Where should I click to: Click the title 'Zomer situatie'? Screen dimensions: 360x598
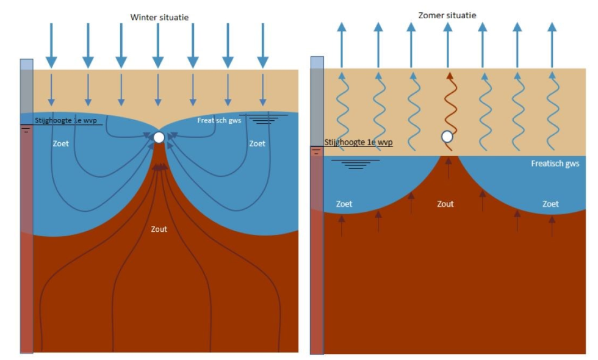[447, 15]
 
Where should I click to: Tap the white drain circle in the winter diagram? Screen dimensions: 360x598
[159, 137]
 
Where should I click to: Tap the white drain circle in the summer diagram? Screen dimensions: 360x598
[447, 136]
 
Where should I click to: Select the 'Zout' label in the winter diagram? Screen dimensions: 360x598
[159, 229]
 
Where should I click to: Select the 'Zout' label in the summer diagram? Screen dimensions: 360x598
[445, 204]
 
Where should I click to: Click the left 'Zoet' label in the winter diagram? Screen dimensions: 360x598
[61, 144]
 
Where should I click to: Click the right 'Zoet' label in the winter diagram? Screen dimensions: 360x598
[257, 144]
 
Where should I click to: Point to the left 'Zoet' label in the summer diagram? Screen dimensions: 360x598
[344, 204]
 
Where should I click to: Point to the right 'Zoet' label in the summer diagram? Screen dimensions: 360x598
[550, 204]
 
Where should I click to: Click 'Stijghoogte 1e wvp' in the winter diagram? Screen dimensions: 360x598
[65, 121]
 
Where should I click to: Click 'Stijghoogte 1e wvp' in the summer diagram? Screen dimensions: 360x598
[358, 143]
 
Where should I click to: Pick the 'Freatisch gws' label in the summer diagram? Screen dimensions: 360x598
[555, 164]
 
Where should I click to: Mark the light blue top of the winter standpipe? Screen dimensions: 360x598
[26, 65]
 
